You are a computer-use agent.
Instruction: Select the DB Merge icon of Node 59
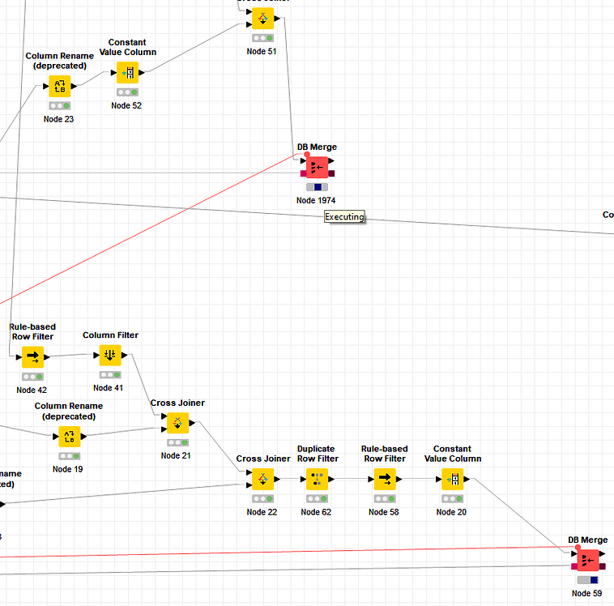tap(588, 560)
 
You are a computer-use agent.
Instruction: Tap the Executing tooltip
tap(345, 216)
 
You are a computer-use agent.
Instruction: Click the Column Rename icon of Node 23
tap(59, 85)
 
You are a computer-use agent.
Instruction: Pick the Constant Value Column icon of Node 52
tap(127, 73)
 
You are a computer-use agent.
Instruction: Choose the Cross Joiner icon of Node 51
tap(262, 19)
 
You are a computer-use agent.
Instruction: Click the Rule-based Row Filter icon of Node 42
tap(33, 356)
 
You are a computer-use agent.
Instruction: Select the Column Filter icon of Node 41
tap(110, 355)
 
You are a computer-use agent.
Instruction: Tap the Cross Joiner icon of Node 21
tap(177, 423)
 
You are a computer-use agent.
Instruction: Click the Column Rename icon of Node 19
tap(68, 436)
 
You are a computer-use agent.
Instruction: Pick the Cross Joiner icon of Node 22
tap(262, 479)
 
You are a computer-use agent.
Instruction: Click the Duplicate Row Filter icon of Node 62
tap(316, 479)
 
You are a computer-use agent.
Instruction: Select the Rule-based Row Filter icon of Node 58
tap(384, 479)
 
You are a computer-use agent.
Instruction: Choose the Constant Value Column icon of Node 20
tap(452, 479)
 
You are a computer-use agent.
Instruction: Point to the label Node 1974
tap(316, 200)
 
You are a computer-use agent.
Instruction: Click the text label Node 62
tap(316, 512)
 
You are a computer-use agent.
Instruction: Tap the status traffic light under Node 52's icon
tap(127, 92)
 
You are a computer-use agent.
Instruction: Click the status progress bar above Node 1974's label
tap(317, 187)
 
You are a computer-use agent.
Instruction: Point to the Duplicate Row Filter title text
tap(316, 454)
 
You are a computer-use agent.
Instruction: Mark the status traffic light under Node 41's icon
tap(110, 375)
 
